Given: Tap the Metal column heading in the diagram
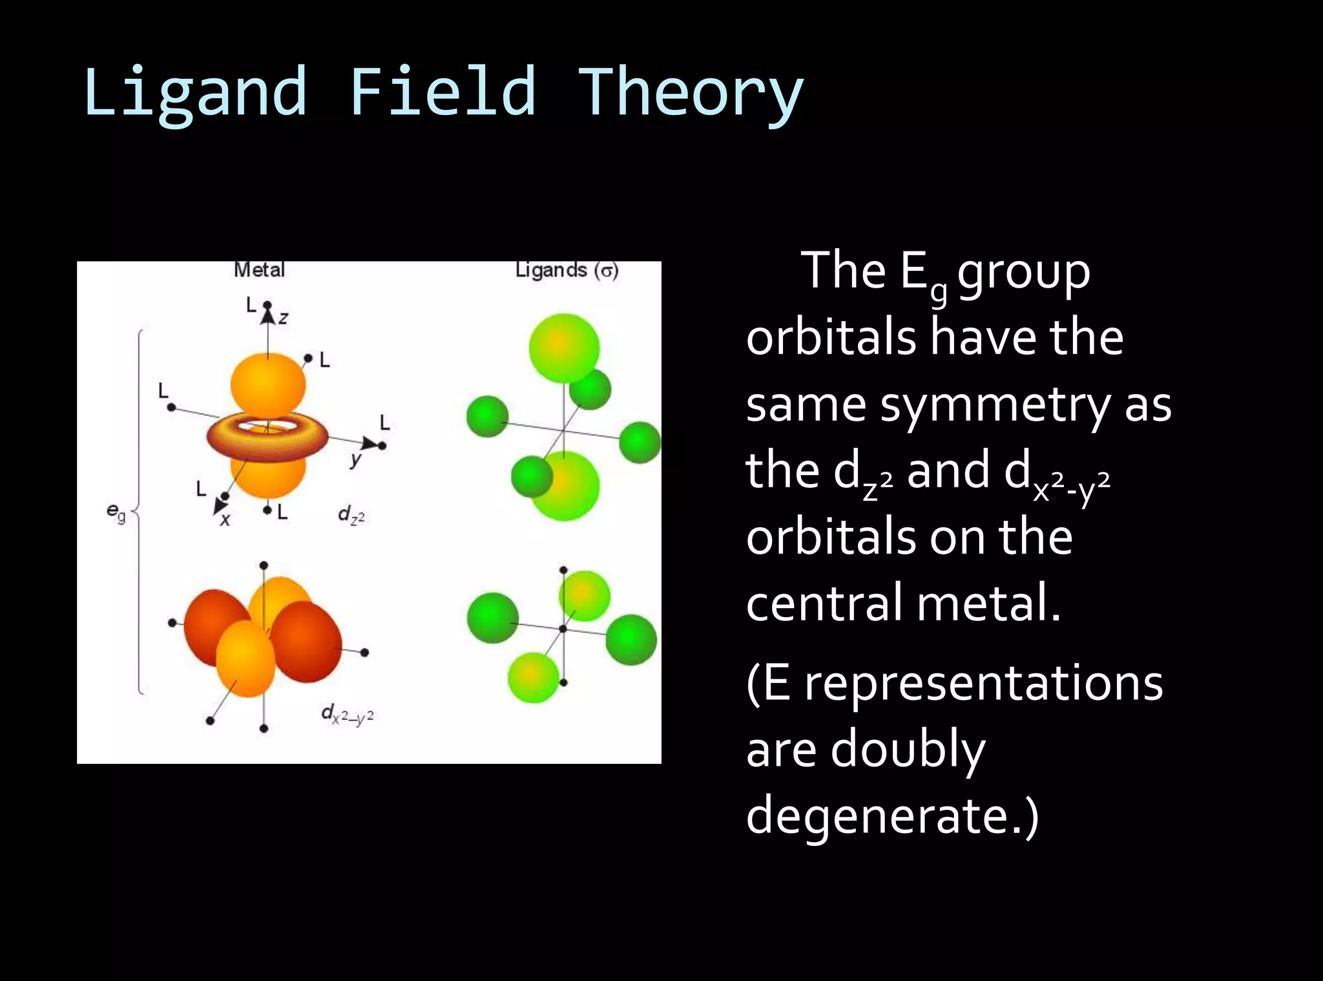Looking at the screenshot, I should pos(259,270).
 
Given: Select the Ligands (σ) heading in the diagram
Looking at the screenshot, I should pos(567,270).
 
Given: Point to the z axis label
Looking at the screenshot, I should pos(283,318).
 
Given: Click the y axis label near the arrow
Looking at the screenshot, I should pos(355,459).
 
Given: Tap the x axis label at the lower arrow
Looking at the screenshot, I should pos(225,519).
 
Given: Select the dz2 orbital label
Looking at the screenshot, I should pos(351,515).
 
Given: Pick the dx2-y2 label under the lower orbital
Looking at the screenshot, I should pos(347,714).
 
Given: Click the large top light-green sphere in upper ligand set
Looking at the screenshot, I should pos(564,348).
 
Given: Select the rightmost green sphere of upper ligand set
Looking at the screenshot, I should pos(640,442).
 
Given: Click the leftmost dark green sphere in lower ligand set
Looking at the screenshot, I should pos(492,618).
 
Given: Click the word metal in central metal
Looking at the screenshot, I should pos(988,602).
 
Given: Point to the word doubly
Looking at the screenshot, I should pos(908,750).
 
